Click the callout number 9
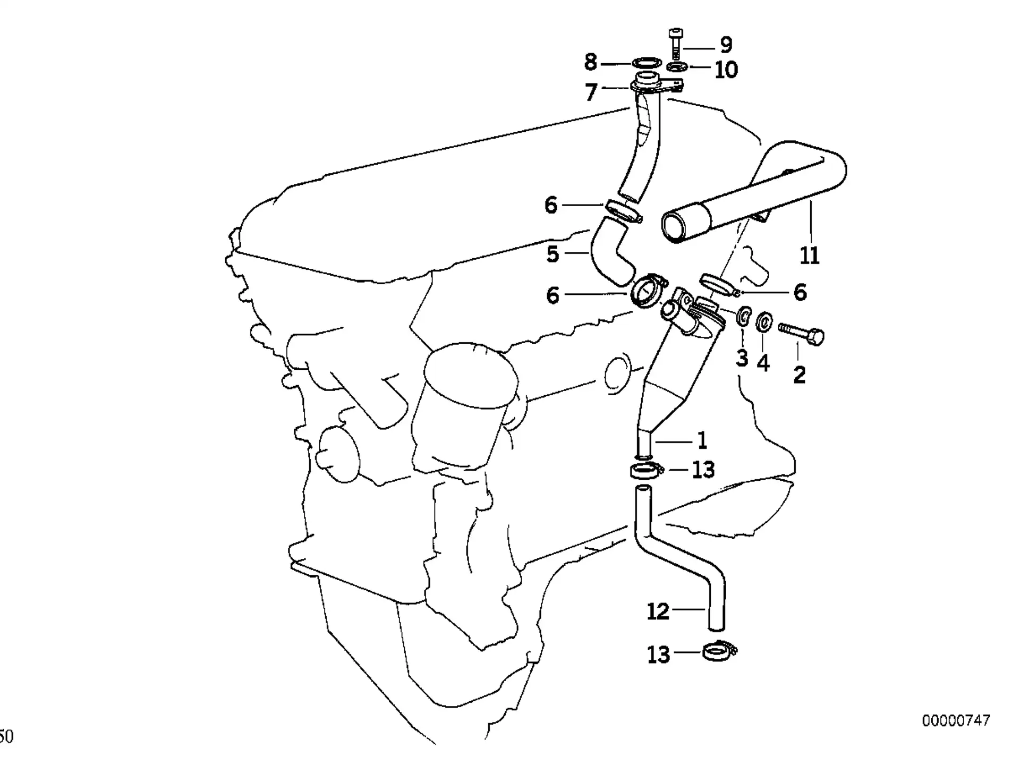click(x=726, y=45)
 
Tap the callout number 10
click(x=726, y=70)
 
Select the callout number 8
click(x=591, y=62)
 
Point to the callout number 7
click(x=591, y=92)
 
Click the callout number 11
click(x=810, y=256)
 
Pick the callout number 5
click(x=553, y=254)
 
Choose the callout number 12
click(x=658, y=611)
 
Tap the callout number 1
click(x=702, y=440)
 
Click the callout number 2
click(x=800, y=375)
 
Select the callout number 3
click(x=742, y=358)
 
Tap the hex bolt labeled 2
click(x=802, y=333)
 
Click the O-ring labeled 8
click(x=647, y=63)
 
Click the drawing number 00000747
click(x=956, y=720)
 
